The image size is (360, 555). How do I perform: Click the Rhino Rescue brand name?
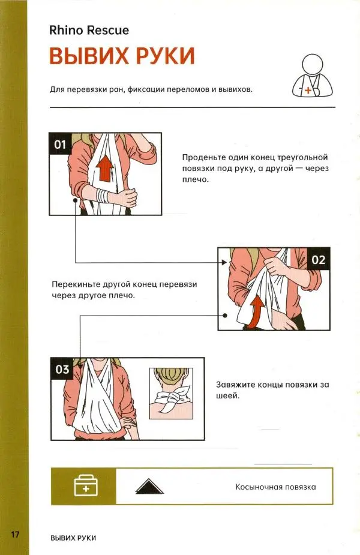click(x=89, y=30)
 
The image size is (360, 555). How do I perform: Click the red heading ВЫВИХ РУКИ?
click(x=122, y=56)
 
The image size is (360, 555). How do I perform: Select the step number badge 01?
click(x=60, y=144)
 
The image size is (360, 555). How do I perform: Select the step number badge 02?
click(x=318, y=260)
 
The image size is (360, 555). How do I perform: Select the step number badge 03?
click(x=62, y=369)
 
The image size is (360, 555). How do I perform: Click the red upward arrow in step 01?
click(x=105, y=169)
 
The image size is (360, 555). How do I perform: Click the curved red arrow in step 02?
click(x=256, y=312)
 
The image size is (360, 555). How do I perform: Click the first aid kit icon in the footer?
click(x=86, y=485)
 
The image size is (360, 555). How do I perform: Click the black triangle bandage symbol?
click(x=149, y=487)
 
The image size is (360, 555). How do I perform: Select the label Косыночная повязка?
click(x=275, y=487)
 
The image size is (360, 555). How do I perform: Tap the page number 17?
click(x=15, y=534)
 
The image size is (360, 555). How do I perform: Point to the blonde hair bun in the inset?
click(x=171, y=374)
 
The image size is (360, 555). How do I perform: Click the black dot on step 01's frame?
click(x=75, y=200)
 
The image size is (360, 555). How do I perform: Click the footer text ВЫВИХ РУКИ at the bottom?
click(x=73, y=538)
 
